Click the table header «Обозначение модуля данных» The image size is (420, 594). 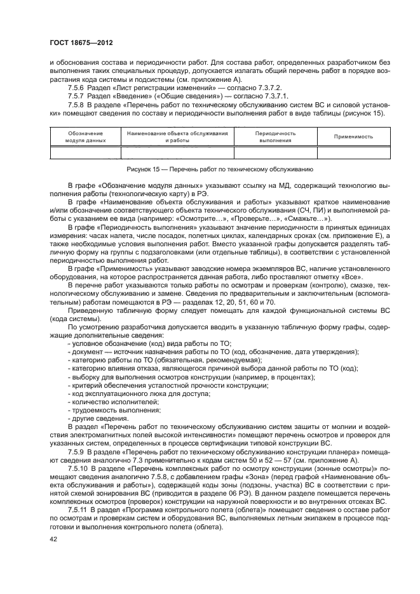click(85, 136)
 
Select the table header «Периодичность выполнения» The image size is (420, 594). click(275, 136)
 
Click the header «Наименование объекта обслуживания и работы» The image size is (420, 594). click(177, 136)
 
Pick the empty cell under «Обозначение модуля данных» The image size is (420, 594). click(85, 152)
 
